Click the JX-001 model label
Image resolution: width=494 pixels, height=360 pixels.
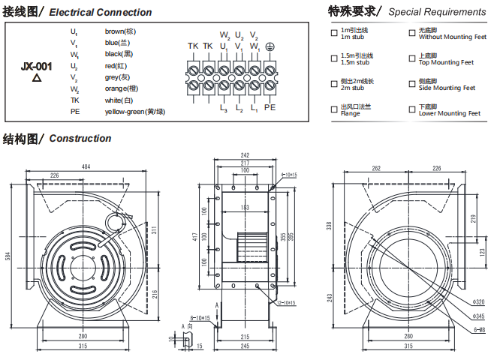(x=35, y=66)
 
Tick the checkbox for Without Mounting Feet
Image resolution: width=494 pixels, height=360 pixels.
(x=411, y=33)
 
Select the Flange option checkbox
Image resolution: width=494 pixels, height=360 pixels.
(x=334, y=109)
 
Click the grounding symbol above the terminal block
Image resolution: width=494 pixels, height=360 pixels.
(x=270, y=46)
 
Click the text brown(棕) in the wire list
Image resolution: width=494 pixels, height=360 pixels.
(x=120, y=31)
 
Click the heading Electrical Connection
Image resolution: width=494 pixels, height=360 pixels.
(x=101, y=12)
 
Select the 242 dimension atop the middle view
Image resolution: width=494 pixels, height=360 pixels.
(x=245, y=155)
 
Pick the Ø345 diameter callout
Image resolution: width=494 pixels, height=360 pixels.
(x=478, y=317)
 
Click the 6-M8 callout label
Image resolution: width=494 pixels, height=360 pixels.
(x=479, y=329)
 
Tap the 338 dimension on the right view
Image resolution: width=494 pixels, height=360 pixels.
(x=328, y=225)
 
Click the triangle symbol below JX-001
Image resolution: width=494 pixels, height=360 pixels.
(x=35, y=77)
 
